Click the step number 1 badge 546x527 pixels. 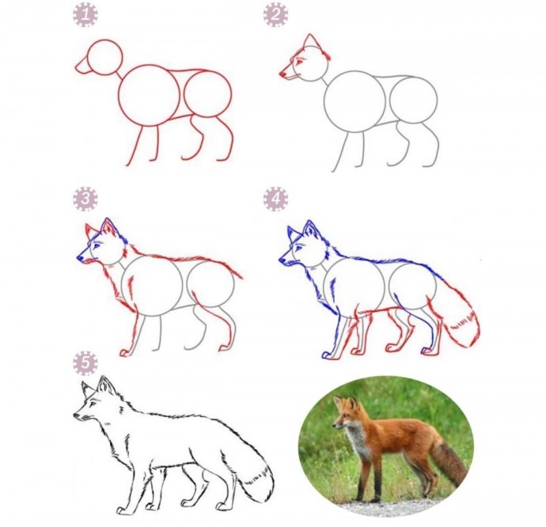point(85,14)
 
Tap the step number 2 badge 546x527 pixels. point(276,14)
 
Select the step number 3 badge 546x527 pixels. point(85,199)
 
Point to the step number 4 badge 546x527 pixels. point(276,199)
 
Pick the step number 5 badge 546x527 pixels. point(85,363)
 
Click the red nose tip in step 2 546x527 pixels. point(282,74)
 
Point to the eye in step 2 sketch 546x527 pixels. point(299,62)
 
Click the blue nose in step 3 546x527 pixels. point(80,259)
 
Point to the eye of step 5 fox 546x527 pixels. point(93,404)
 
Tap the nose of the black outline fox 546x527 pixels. point(77,415)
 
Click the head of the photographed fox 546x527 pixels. point(345,413)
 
